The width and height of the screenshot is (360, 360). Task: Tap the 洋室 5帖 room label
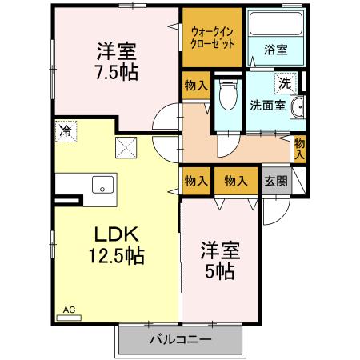(218, 261)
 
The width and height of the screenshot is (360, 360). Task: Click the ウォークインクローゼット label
(211, 38)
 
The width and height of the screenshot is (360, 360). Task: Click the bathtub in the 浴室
(275, 23)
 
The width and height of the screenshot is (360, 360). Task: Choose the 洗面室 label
(266, 103)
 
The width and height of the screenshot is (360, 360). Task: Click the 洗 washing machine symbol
(284, 82)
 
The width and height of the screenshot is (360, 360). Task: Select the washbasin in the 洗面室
(300, 108)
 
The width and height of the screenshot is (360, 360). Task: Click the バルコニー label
(180, 341)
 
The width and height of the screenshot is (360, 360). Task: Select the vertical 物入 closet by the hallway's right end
(299, 148)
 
